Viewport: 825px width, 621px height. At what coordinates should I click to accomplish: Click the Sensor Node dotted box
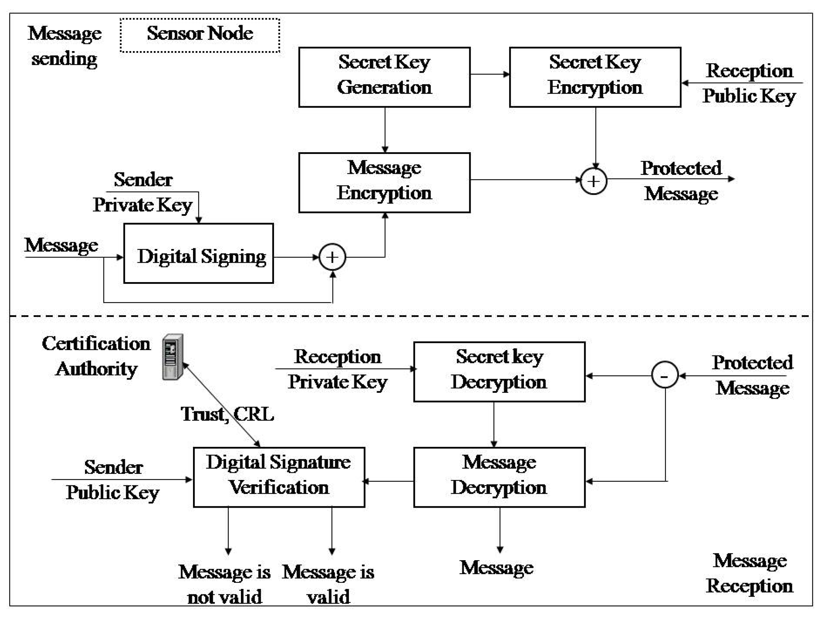pyautogui.click(x=200, y=35)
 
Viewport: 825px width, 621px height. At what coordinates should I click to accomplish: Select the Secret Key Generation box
pyautogui.click(x=384, y=77)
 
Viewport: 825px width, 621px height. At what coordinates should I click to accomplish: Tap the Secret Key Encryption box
pyautogui.click(x=595, y=77)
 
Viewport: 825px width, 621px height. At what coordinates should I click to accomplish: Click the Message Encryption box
pyautogui.click(x=384, y=183)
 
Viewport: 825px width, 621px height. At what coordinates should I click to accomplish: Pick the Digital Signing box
pyautogui.click(x=198, y=253)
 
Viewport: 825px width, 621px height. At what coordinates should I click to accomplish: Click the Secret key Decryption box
pyautogui.click(x=499, y=372)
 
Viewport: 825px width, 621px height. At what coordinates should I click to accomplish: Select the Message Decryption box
pyautogui.click(x=499, y=477)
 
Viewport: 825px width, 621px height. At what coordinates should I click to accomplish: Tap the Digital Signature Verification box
pyautogui.click(x=279, y=477)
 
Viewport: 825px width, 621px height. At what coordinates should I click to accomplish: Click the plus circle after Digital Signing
pyautogui.click(x=332, y=257)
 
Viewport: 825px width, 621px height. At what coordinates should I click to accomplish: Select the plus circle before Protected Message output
pyautogui.click(x=593, y=182)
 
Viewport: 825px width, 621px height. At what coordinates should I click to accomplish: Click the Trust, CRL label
pyautogui.click(x=227, y=414)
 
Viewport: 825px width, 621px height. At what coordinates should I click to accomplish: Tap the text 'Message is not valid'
pyautogui.click(x=224, y=584)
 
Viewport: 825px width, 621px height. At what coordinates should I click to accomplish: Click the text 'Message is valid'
pyautogui.click(x=328, y=584)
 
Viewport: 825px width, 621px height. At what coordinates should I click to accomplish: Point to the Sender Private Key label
pyautogui.click(x=143, y=192)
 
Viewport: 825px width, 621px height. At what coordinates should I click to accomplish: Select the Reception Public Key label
pyautogui.click(x=749, y=83)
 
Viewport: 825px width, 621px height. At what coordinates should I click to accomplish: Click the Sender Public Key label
pyautogui.click(x=113, y=480)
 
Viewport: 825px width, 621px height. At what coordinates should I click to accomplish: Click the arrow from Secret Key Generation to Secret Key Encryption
pyautogui.click(x=490, y=74)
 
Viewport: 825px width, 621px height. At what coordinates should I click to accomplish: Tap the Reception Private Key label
pyautogui.click(x=337, y=369)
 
